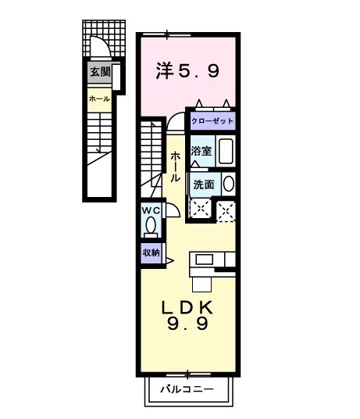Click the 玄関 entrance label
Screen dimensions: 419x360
[x=99, y=73]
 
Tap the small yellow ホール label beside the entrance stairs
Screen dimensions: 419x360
[x=99, y=99]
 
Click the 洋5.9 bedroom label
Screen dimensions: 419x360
[x=187, y=71]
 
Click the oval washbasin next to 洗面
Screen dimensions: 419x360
[x=228, y=184]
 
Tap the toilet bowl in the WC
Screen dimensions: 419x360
[x=151, y=227]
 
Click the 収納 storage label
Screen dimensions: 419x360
[x=151, y=252]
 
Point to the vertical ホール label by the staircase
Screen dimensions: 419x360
[x=176, y=167]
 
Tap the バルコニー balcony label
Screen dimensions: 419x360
[x=188, y=388]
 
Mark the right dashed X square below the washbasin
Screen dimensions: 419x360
[x=226, y=209]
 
